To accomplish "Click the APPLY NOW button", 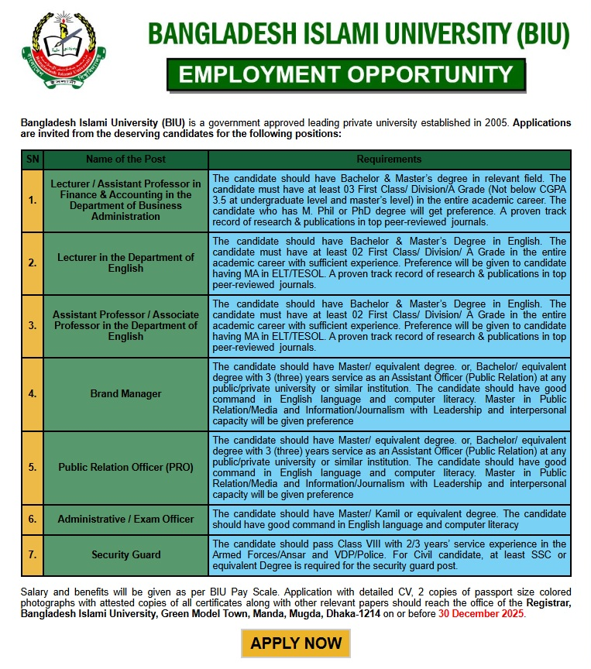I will (296, 643).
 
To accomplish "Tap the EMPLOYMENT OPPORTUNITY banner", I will (346, 74).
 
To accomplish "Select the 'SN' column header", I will (32, 159).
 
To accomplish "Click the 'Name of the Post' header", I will (125, 159).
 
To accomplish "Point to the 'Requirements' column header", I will (389, 159).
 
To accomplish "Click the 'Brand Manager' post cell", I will (125, 393).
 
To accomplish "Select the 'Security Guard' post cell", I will (125, 554).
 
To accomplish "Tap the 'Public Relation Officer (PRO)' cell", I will (125, 467).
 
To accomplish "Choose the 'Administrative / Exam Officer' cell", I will (125, 519).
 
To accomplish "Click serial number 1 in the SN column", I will (32, 200).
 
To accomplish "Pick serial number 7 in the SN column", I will (32, 554).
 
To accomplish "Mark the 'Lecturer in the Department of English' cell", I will (125, 262).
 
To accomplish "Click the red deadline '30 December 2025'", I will (481, 613).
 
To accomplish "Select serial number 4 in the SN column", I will (32, 393).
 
